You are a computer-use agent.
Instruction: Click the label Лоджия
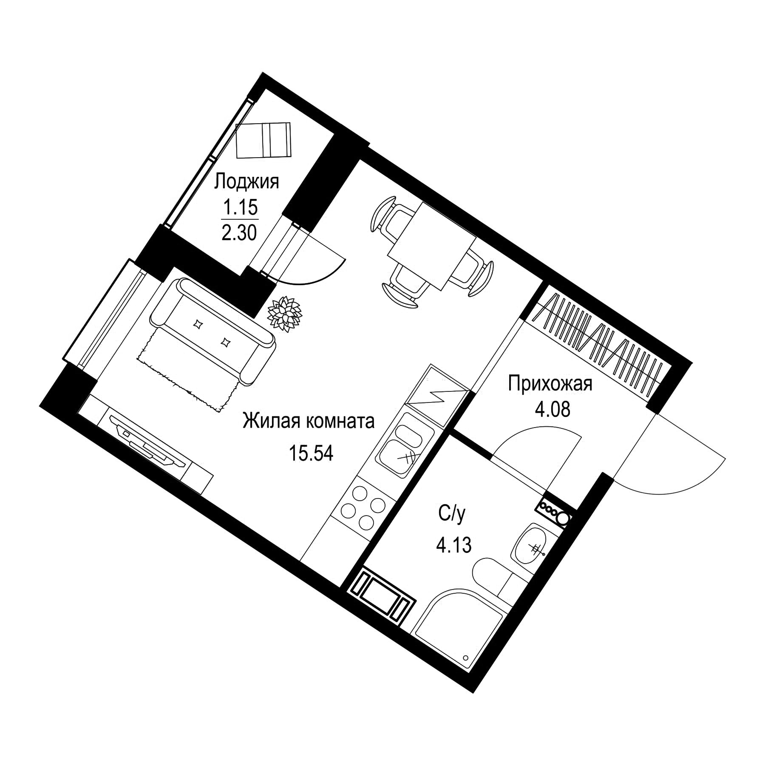(x=246, y=182)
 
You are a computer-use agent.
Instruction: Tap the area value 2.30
(x=239, y=233)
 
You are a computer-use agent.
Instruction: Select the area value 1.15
(x=241, y=208)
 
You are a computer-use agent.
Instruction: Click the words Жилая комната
(x=309, y=422)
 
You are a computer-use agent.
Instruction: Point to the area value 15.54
(x=311, y=453)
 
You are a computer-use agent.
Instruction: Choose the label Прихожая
(x=550, y=384)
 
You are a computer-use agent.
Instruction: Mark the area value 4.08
(x=552, y=410)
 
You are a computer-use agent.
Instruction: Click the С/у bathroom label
(x=453, y=515)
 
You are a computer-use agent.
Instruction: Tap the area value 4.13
(x=454, y=545)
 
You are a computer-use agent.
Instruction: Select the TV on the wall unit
(x=147, y=440)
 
